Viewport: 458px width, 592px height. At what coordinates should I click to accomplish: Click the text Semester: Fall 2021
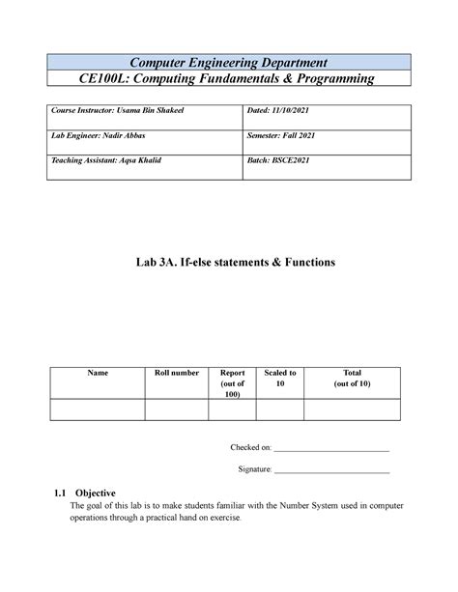pyautogui.click(x=290, y=138)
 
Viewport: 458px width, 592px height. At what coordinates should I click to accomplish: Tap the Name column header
pyautogui.click(x=98, y=373)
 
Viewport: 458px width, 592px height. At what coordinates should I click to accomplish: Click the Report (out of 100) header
pyautogui.click(x=232, y=382)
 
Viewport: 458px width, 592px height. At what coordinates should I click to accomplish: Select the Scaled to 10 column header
pyautogui.click(x=286, y=378)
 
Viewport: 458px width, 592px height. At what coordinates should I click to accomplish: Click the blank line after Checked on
pyautogui.click(x=332, y=450)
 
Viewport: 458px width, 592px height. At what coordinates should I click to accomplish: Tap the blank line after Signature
pyautogui.click(x=332, y=470)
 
